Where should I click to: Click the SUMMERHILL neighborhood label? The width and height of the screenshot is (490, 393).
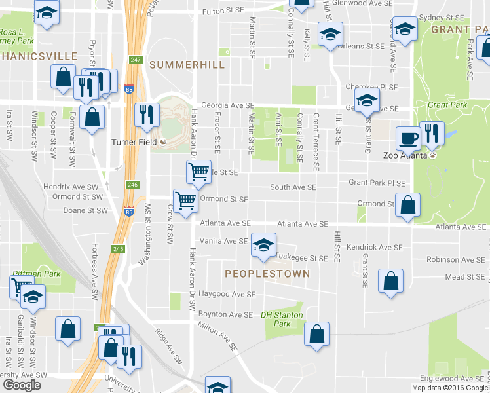187,65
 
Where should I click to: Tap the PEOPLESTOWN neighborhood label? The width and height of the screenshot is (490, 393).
267,273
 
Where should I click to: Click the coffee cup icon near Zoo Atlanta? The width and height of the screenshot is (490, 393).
408,138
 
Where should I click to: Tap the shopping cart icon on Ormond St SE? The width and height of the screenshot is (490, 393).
185,200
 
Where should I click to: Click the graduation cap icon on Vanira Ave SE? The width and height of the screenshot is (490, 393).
263,245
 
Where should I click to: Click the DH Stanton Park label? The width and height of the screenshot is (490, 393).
282,319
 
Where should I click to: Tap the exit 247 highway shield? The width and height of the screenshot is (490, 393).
135,60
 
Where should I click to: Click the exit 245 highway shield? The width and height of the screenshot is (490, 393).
117,249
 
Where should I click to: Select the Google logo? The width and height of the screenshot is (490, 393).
22,385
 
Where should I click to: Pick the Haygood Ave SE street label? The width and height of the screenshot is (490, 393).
227,295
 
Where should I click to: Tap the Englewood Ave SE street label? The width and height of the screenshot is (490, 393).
452,379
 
